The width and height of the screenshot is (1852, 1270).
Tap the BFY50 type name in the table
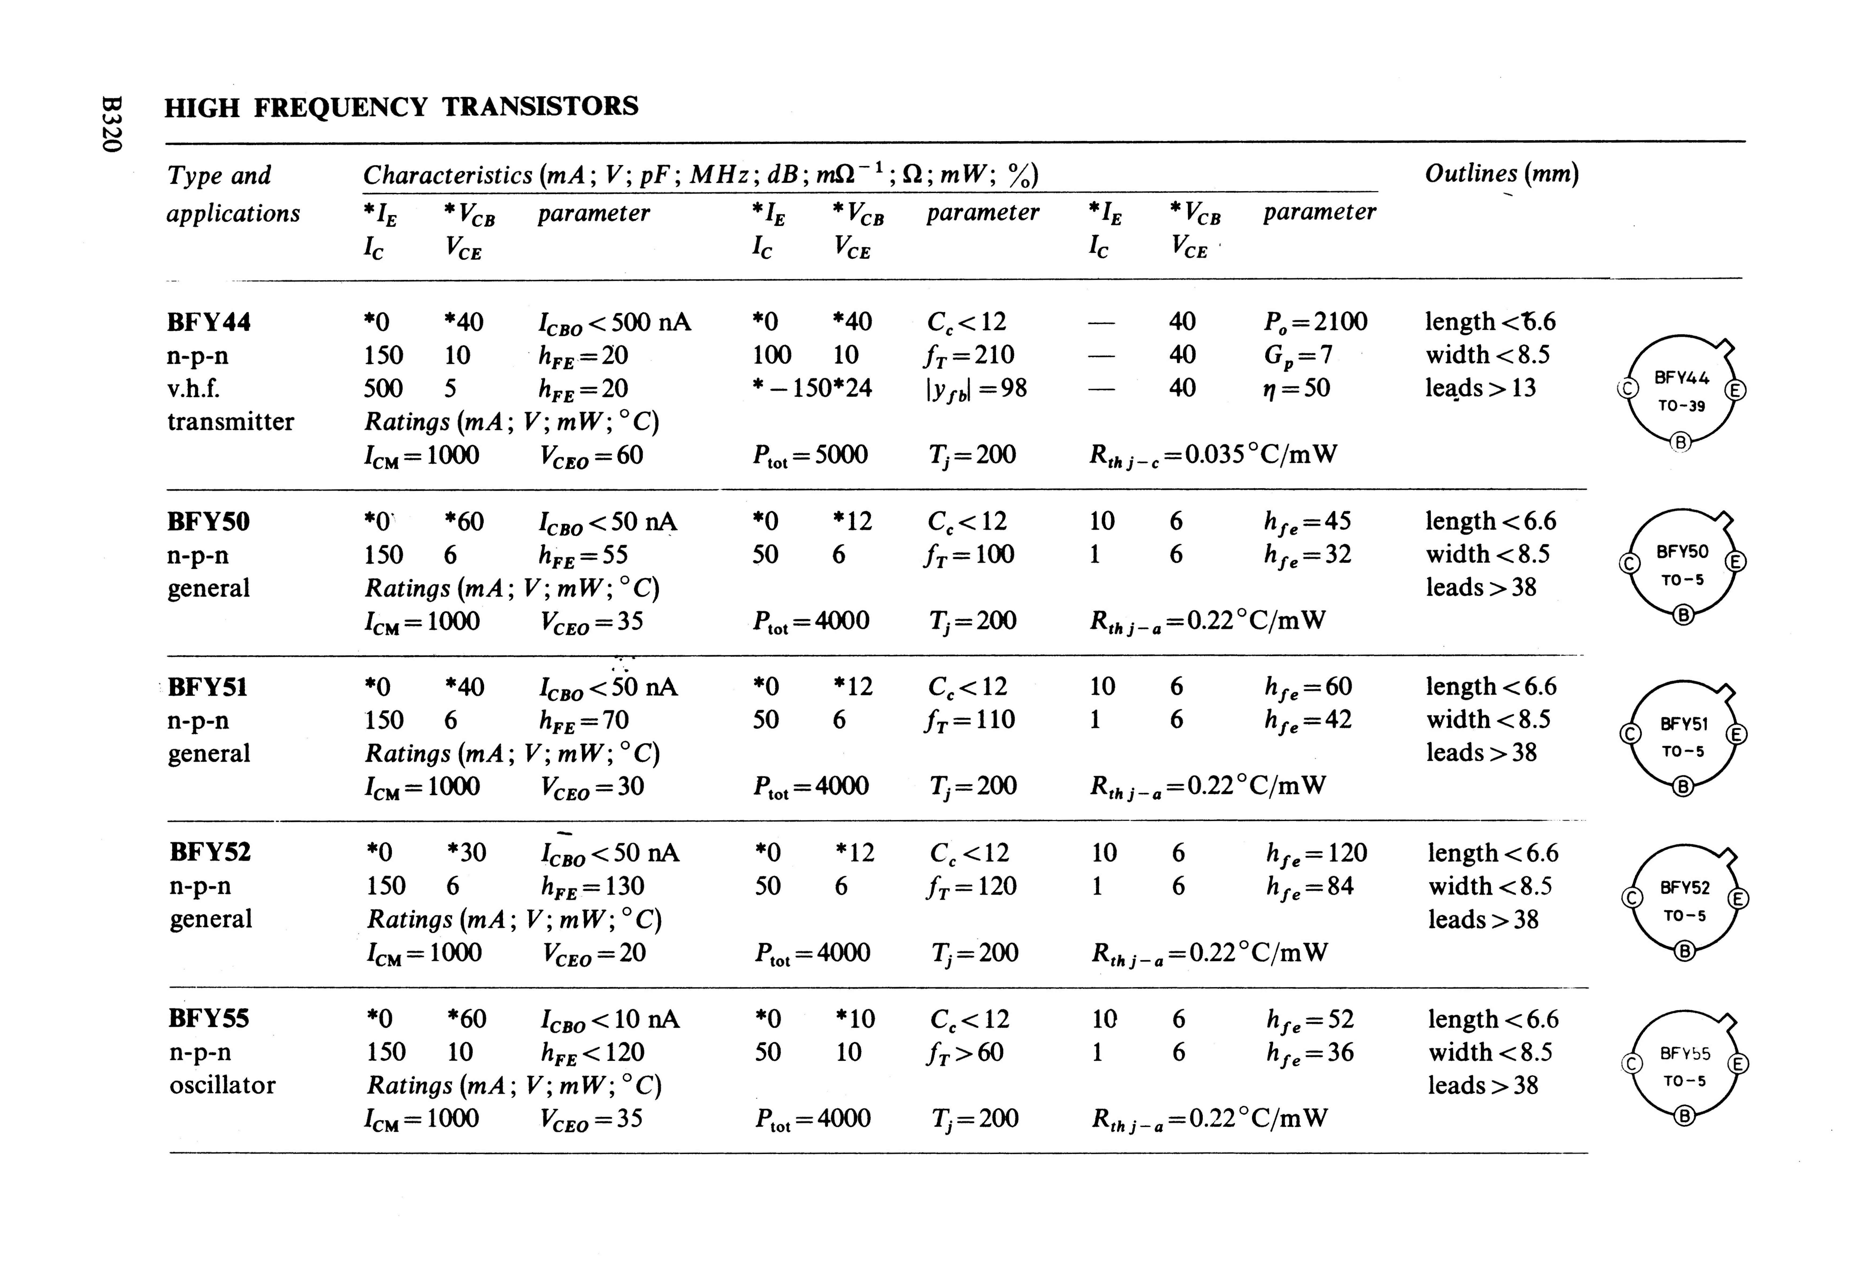pos(208,522)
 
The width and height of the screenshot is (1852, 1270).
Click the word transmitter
pos(230,421)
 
